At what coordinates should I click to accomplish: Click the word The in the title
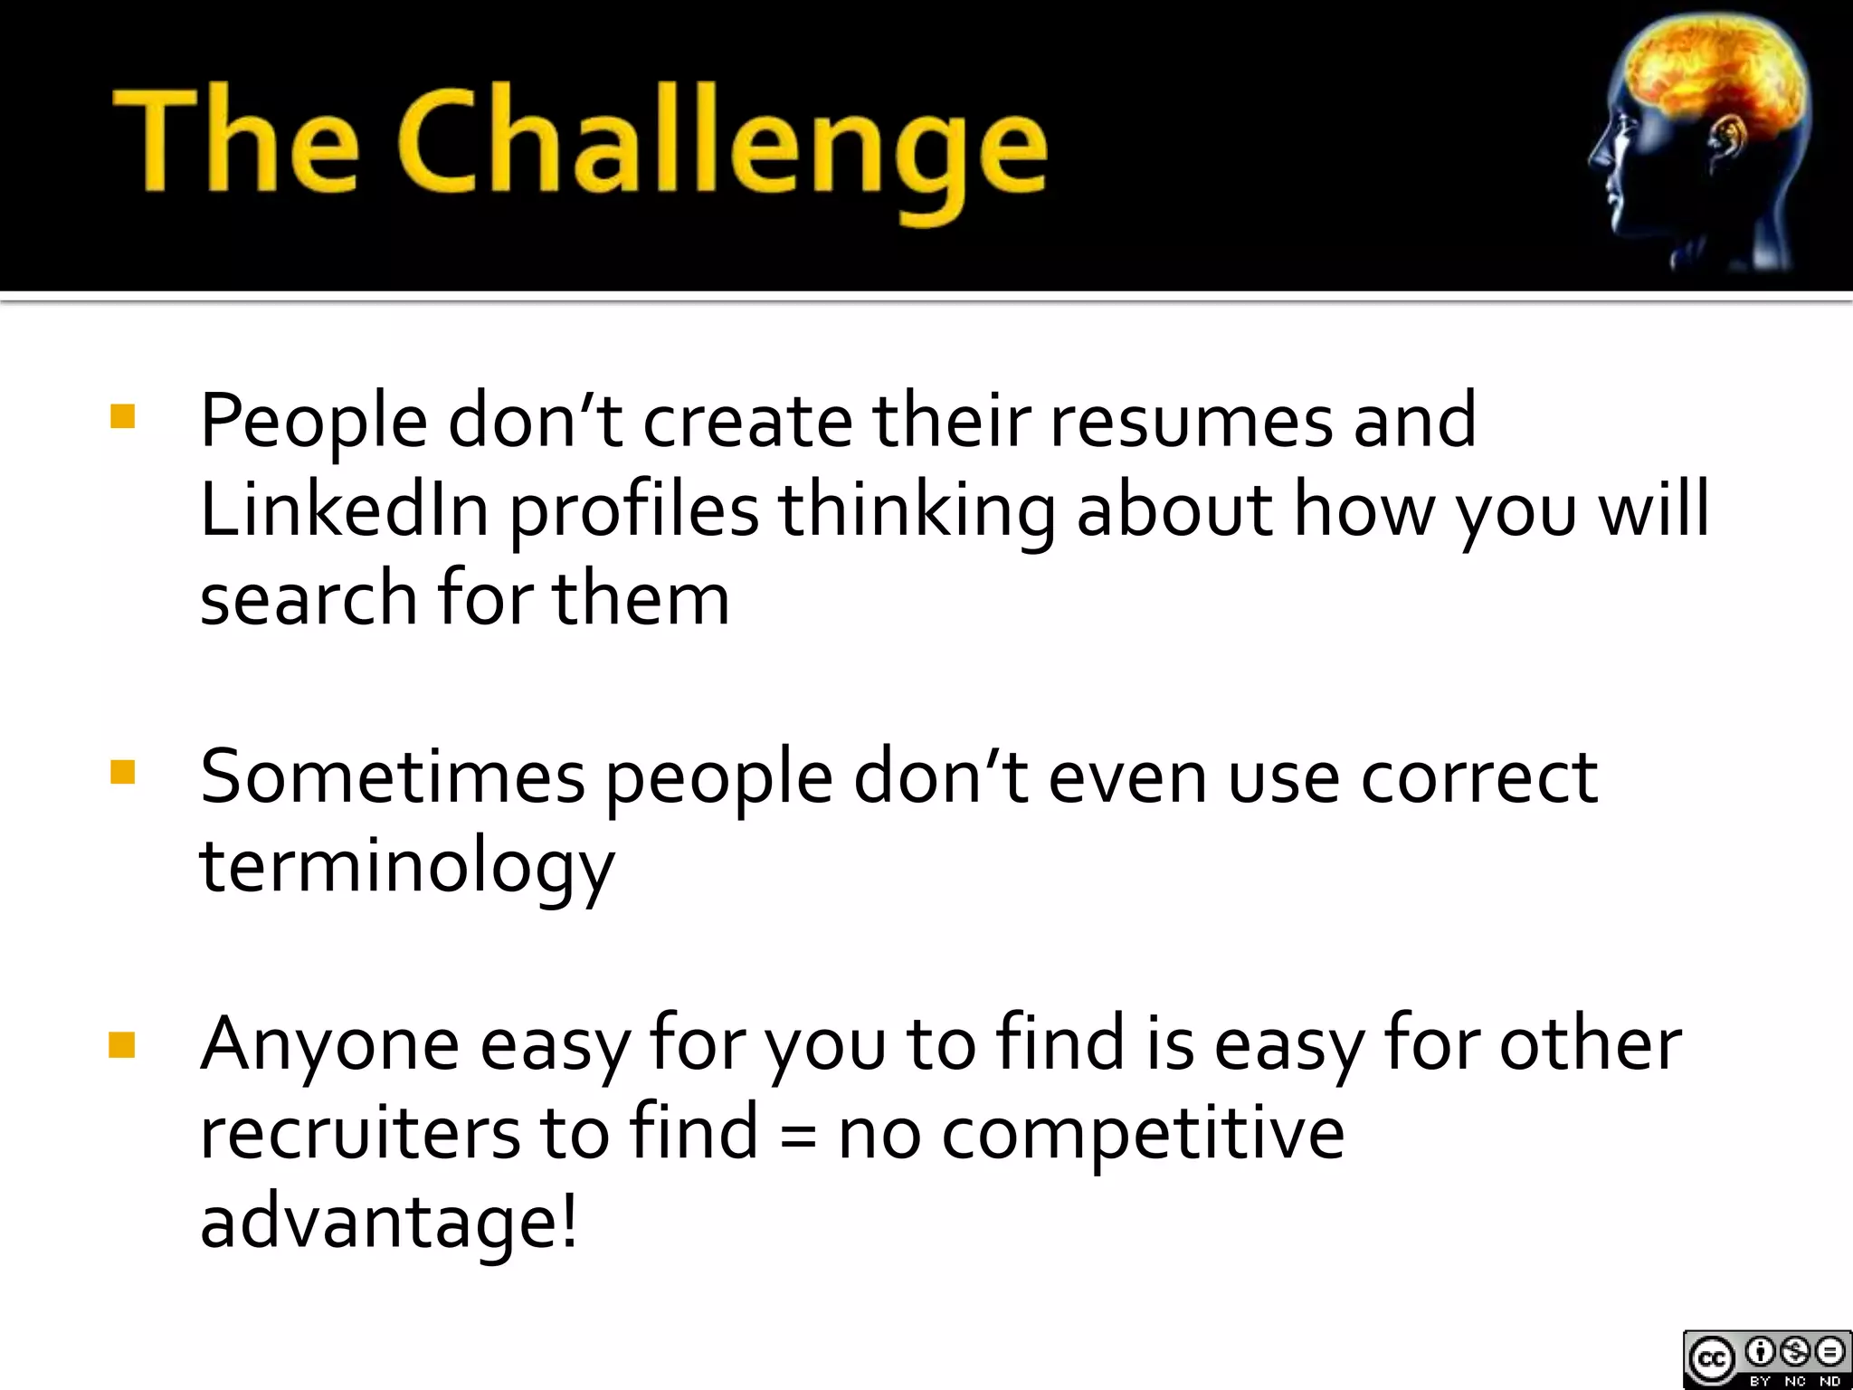pos(235,140)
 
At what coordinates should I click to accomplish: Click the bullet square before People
pos(121,417)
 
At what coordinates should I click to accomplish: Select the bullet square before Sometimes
pos(121,773)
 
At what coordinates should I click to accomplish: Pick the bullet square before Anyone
pos(121,1045)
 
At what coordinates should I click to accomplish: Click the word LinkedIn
pos(344,509)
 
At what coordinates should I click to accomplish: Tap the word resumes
pos(1191,421)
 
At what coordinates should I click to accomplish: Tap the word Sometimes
pos(392,776)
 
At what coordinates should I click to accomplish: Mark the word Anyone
pos(329,1045)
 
